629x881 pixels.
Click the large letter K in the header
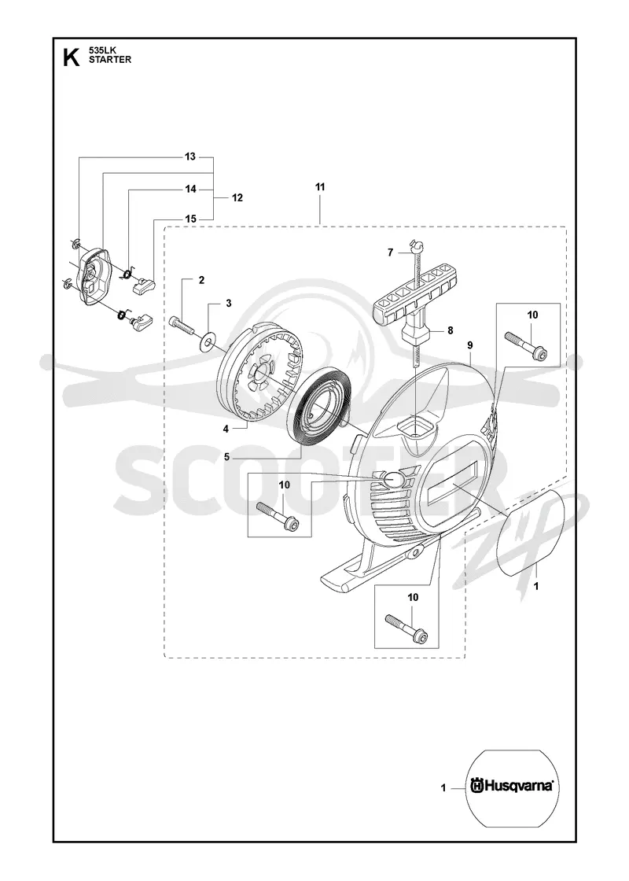[72, 57]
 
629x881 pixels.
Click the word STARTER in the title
[110, 60]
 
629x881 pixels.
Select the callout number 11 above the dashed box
[319, 186]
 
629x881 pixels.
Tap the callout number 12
[237, 197]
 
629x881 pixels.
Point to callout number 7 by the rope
[390, 253]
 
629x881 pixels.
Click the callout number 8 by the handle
[451, 331]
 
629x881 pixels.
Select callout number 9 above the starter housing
[469, 345]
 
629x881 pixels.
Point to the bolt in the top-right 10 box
[526, 344]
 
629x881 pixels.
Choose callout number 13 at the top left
[190, 157]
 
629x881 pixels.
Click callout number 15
[190, 219]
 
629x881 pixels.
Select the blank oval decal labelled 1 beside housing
[531, 533]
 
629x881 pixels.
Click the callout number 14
[190, 189]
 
